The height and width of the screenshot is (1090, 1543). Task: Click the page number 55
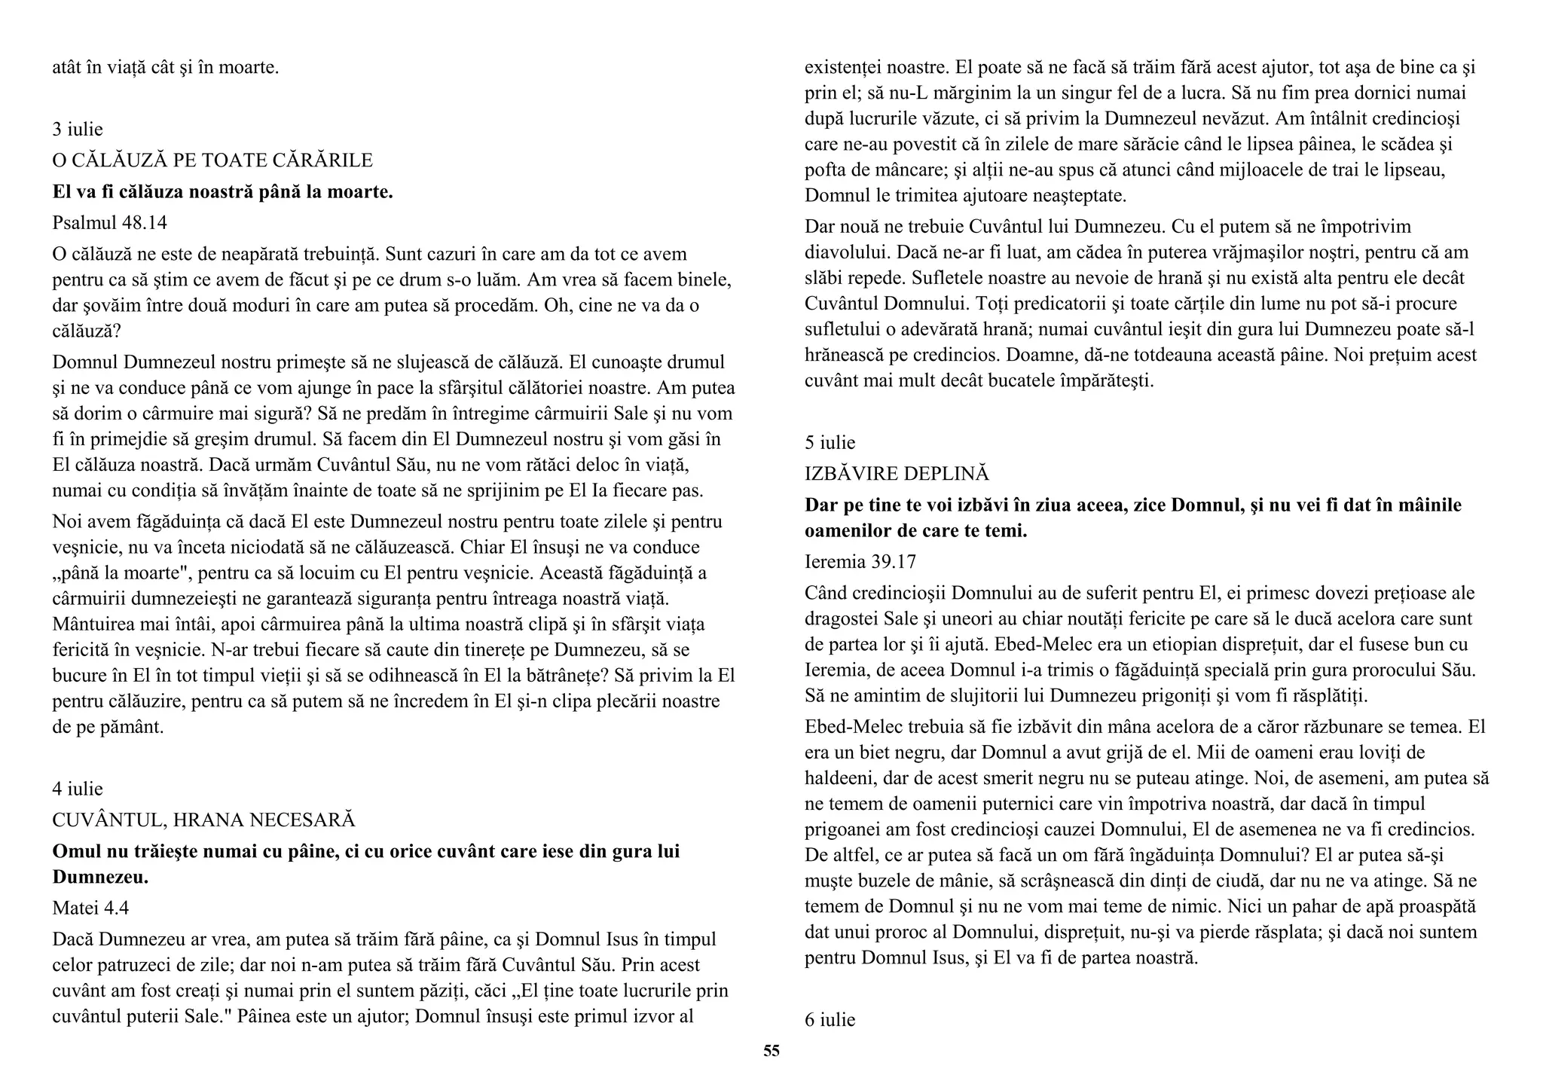click(771, 1051)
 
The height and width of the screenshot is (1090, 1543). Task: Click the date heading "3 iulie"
click(78, 129)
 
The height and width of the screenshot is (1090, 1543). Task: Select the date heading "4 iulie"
click(78, 789)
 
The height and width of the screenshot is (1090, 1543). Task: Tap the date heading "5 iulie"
click(830, 442)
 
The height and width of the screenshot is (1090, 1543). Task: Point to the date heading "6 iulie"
click(830, 1019)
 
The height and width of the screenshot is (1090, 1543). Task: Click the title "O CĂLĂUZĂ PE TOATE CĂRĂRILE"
click(212, 160)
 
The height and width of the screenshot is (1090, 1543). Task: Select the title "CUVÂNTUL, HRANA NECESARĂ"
click(203, 820)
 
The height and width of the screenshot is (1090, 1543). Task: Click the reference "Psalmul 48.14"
click(110, 223)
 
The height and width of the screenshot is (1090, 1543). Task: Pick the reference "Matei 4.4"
click(90, 908)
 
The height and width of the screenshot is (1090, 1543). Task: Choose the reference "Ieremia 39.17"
click(860, 561)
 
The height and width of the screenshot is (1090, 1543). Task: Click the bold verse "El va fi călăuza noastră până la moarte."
click(223, 191)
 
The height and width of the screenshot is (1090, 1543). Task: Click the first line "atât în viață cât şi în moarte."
click(166, 67)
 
